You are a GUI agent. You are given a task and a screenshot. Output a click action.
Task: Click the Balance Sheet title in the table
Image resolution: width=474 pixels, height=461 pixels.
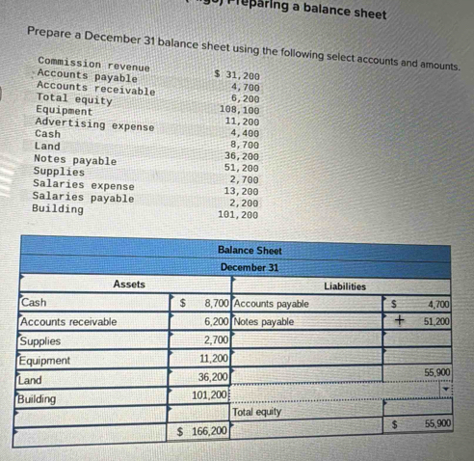pyautogui.click(x=249, y=250)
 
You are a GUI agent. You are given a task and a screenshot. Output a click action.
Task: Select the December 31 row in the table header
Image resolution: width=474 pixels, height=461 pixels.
pyautogui.click(x=249, y=267)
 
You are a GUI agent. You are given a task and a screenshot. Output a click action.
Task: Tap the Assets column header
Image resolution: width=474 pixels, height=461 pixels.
pyautogui.click(x=128, y=285)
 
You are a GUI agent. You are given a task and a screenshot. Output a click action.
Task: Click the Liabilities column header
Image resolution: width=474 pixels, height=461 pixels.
pyautogui.click(x=344, y=285)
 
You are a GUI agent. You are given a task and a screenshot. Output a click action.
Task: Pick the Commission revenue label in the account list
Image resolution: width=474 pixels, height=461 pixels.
pyautogui.click(x=93, y=65)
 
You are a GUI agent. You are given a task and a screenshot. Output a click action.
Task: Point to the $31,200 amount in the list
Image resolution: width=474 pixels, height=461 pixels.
pyautogui.click(x=236, y=74)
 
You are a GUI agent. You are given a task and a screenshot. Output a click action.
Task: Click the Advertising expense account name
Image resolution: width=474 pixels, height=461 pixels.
pyautogui.click(x=94, y=124)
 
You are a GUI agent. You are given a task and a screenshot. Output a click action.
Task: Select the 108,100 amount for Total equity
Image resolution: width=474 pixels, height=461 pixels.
pyautogui.click(x=239, y=110)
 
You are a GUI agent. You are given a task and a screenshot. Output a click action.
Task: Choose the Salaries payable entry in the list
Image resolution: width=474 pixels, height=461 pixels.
pyautogui.click(x=83, y=197)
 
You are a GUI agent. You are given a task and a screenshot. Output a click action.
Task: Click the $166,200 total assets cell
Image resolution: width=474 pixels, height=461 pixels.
pyautogui.click(x=202, y=429)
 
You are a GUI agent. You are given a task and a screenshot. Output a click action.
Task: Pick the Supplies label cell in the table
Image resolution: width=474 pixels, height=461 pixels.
pyautogui.click(x=40, y=340)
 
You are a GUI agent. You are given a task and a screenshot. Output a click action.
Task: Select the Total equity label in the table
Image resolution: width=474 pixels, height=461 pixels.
pyautogui.click(x=257, y=412)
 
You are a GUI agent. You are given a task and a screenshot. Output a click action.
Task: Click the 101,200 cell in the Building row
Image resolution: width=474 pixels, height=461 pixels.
pyautogui.click(x=208, y=395)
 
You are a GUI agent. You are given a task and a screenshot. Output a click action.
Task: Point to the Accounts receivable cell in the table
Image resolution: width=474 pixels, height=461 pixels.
pyautogui.click(x=68, y=321)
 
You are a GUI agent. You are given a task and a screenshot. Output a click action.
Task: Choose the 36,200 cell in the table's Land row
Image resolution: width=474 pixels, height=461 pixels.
pyautogui.click(x=212, y=376)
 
